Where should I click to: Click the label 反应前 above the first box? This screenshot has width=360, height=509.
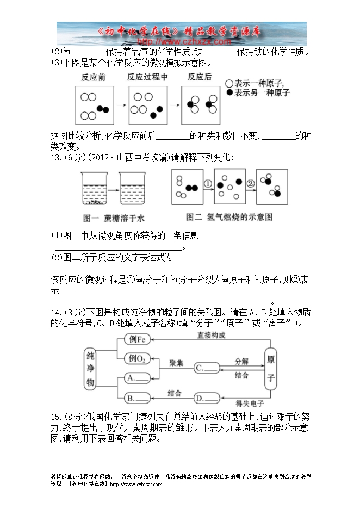pos(94,77)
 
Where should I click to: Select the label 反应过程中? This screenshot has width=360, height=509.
pos(147,77)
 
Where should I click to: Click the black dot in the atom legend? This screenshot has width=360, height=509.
pos(229,93)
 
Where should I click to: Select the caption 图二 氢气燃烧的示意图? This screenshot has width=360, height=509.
pos(229,217)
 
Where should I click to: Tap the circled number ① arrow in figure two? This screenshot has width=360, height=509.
pos(207,184)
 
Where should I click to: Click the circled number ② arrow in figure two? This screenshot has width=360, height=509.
pos(251,184)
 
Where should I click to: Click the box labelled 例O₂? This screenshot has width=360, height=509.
pos(139,358)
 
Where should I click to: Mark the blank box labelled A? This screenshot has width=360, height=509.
pos(139,377)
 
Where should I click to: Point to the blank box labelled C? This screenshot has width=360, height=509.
pos(207,368)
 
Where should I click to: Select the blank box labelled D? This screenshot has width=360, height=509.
pos(207,399)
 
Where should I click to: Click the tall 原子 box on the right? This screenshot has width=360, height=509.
pos(271,368)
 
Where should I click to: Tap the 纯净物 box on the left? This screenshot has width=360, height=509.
pos(91,368)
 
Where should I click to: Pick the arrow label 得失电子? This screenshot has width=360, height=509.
pos(250,403)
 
